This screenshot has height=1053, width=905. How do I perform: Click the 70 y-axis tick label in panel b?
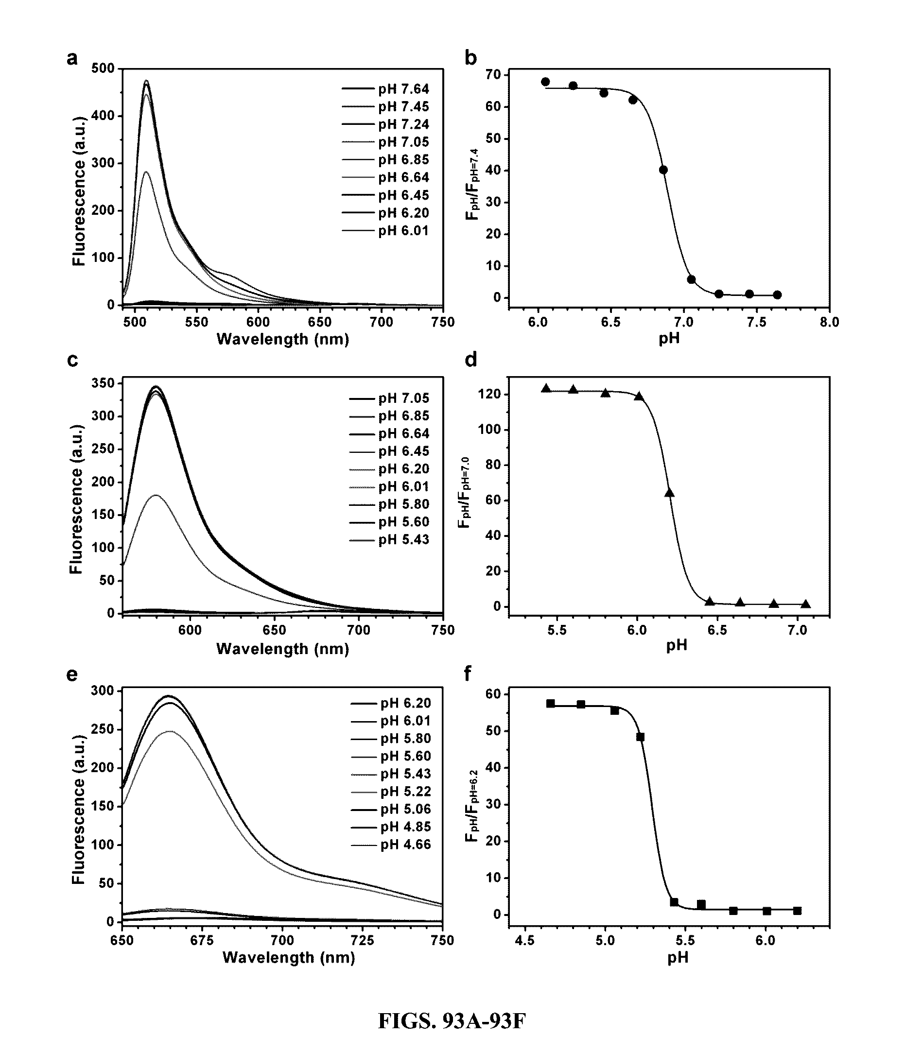(x=493, y=75)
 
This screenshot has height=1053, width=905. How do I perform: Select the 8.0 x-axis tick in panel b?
(x=829, y=322)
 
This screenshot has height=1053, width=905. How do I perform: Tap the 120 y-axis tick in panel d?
(x=488, y=395)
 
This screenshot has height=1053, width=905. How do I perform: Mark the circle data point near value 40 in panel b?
(x=663, y=170)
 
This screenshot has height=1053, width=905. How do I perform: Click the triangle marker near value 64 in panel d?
(x=669, y=492)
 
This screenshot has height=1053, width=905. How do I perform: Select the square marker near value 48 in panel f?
(x=640, y=737)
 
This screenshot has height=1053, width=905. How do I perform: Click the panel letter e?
(x=72, y=674)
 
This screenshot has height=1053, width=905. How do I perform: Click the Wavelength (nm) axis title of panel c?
(x=283, y=649)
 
